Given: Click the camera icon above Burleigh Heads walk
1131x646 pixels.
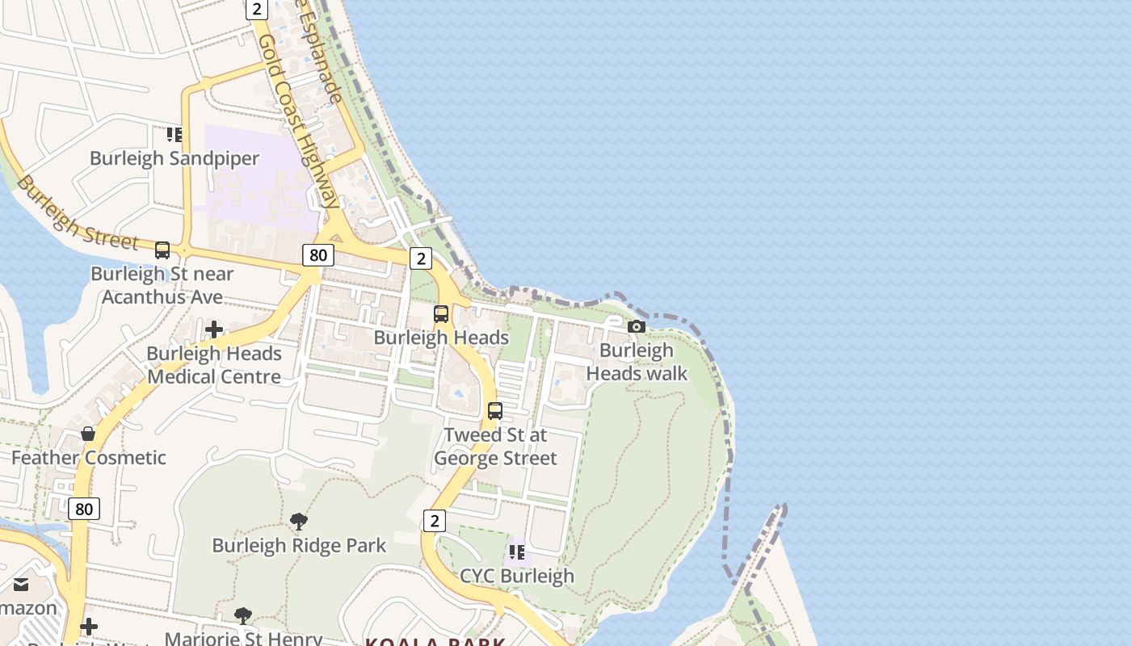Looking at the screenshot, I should point(637,327).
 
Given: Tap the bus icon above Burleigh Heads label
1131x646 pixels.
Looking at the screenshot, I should point(441,314).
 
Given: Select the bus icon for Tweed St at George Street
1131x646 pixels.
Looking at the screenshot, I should point(495,411).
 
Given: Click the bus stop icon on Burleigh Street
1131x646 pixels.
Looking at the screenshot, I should point(162,250).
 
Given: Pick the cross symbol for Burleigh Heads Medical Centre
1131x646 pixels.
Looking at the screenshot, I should point(214,329).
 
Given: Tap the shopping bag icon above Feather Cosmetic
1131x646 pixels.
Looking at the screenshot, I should point(88,434).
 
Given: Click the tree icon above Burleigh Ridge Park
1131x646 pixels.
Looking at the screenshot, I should point(299,522).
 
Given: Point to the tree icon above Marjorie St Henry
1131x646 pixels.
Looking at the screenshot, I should point(243,616).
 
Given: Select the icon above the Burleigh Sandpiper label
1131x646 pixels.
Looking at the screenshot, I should point(174,135).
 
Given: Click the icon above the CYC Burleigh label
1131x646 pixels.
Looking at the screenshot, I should point(517,552).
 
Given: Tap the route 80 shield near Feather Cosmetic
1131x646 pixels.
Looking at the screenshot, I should point(84,508).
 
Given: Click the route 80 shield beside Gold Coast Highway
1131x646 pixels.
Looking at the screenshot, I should point(318,255).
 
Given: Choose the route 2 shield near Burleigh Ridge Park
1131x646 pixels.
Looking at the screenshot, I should point(435,521).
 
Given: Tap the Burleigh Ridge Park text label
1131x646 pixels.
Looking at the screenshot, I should point(299,545).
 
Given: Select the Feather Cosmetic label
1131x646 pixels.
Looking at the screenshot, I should point(89,458).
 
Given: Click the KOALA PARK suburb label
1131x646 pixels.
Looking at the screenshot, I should point(435,642).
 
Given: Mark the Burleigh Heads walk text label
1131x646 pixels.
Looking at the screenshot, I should point(637,362).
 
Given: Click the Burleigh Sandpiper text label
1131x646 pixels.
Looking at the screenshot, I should point(174,158).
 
